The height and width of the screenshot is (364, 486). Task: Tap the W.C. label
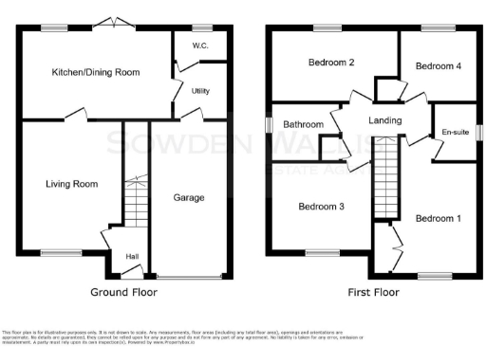pyautogui.click(x=200, y=45)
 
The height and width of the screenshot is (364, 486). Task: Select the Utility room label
pyautogui.click(x=200, y=91)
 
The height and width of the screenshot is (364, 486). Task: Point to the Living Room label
pyautogui.click(x=72, y=184)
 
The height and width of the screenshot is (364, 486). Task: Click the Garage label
pyautogui.click(x=188, y=197)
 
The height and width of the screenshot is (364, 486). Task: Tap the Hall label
pyautogui.click(x=132, y=256)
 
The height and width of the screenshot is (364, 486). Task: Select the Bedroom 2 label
pyautogui.click(x=331, y=64)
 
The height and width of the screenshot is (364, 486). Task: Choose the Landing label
pyautogui.click(x=384, y=120)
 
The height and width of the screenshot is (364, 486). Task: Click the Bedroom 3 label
pyautogui.click(x=321, y=207)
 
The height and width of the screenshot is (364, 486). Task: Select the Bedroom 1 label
pyautogui.click(x=438, y=218)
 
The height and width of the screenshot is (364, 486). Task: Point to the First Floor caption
pyautogui.click(x=372, y=293)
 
